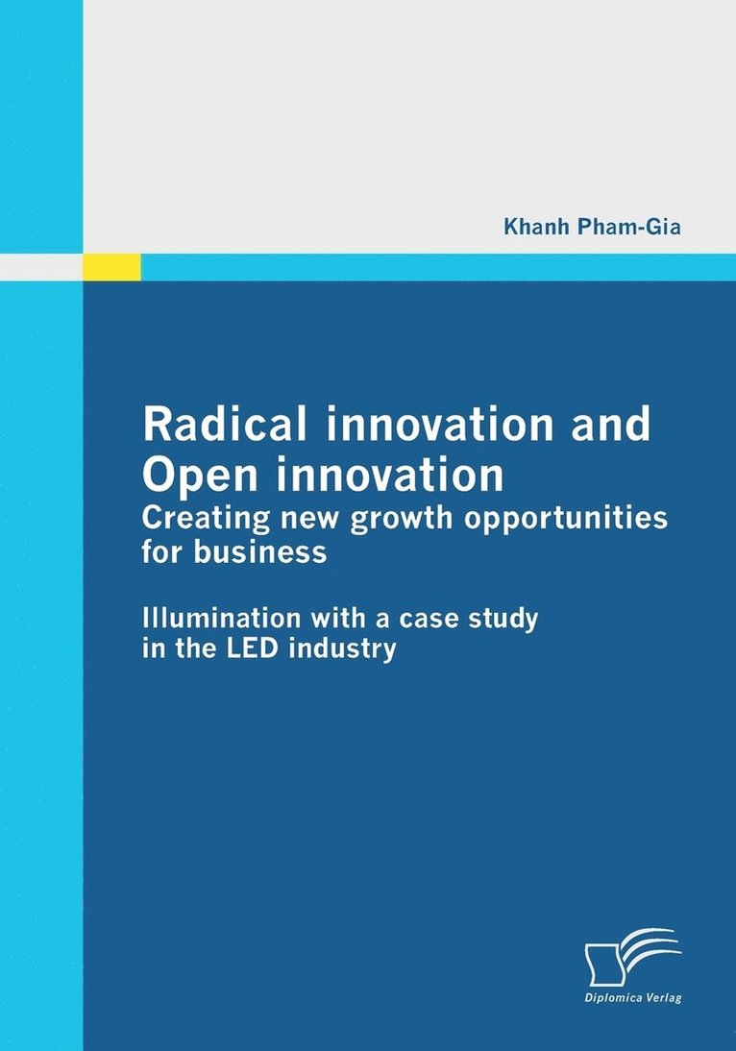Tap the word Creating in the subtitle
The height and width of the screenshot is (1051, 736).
pyautogui.click(x=197, y=518)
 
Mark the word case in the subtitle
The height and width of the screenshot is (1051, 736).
pyautogui.click(x=429, y=618)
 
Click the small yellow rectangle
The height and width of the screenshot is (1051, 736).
pyautogui.click(x=111, y=267)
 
